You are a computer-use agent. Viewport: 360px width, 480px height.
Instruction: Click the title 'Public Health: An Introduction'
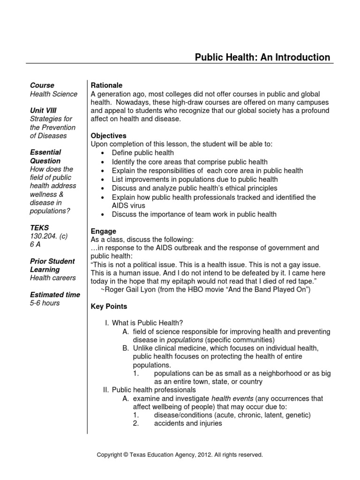pos(262,57)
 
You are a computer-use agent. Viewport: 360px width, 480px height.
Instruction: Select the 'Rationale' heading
pos(106,85)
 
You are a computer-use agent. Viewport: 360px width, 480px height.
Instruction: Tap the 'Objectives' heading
pos(108,135)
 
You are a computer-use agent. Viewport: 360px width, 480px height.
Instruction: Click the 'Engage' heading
pos(103,231)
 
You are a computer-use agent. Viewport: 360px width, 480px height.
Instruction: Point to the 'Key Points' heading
pos(108,306)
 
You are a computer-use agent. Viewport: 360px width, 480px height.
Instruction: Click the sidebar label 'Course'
pos(42,85)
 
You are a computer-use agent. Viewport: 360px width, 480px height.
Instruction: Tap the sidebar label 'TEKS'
pos(39,228)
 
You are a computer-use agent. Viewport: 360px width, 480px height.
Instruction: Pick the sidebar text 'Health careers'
pos(52,278)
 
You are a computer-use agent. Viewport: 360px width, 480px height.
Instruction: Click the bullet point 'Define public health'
pos(142,153)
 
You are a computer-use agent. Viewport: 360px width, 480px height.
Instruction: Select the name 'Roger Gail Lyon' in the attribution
pos(130,290)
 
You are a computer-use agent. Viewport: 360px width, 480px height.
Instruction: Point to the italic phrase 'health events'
pos(232,398)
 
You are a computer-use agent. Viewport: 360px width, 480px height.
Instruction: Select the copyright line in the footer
pos(180,455)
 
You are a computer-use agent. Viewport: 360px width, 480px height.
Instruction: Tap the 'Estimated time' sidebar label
pos(55,295)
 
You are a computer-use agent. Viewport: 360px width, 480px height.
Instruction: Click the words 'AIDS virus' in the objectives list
pos(128,206)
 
